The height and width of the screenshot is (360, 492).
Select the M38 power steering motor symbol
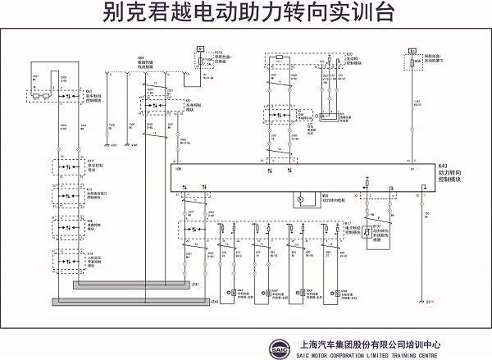coord(300,198)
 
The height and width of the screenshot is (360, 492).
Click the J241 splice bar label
coord(194,284)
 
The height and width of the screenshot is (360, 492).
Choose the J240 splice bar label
coord(194,301)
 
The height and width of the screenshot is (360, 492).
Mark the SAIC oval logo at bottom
coord(280,348)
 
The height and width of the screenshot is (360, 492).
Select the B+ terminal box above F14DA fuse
coord(201,51)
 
